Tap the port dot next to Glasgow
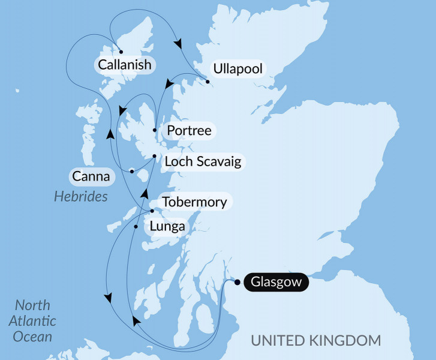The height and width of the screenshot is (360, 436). click(x=237, y=282)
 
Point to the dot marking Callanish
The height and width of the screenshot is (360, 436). click(x=121, y=52)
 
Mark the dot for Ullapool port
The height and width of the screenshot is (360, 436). click(x=208, y=81)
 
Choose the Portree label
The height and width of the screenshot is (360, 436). click(x=190, y=131)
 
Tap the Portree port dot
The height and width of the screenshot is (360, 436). click(x=155, y=130)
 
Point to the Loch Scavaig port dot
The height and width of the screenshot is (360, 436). click(x=155, y=157)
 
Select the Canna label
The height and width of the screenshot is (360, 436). click(x=91, y=176)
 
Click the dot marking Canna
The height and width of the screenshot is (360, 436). click(x=132, y=172)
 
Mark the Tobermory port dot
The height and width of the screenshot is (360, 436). click(x=152, y=211)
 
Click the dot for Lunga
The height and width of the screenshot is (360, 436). click(x=136, y=227)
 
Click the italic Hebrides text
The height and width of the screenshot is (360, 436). click(x=81, y=196)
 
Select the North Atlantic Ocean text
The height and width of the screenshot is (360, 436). click(x=34, y=320)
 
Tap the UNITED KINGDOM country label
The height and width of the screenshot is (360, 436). click(x=315, y=341)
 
